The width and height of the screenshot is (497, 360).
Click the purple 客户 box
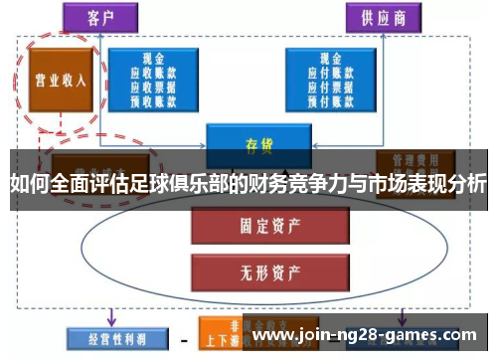click(98, 16)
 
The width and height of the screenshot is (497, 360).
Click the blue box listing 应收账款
click(152, 80)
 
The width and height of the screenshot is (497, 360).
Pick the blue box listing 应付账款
click(330, 80)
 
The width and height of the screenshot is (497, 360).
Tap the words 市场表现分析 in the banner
click(427, 185)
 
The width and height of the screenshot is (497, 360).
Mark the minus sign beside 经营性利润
click(183, 338)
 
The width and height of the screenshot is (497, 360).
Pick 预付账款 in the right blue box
click(330, 97)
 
